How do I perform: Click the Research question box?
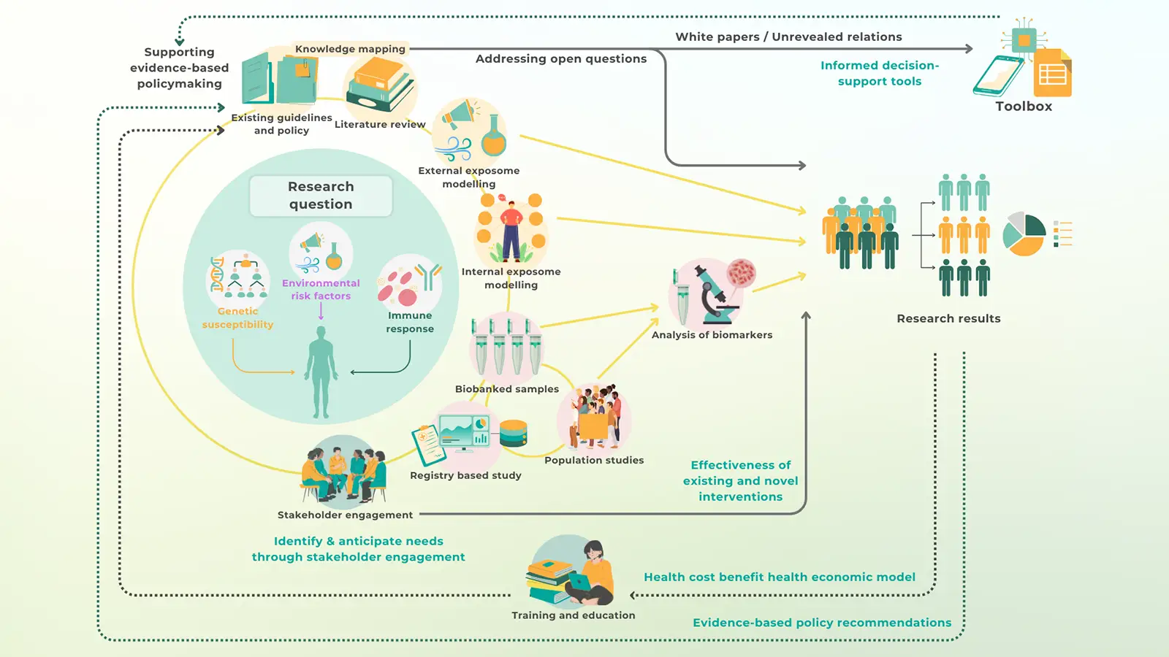point(321,196)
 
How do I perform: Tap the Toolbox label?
point(1024,107)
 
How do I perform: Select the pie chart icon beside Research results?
point(1024,234)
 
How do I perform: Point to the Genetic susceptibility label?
point(237,318)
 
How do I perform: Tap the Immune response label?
point(410,322)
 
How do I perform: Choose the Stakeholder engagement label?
point(345,515)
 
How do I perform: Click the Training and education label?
point(573,615)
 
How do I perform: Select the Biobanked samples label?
point(506,389)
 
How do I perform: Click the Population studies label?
point(594,460)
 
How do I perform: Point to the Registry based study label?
point(465,475)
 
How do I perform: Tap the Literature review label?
point(380,125)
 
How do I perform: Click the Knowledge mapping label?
point(350,49)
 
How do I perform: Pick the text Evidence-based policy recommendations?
point(822,623)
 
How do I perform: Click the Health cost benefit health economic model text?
point(779,577)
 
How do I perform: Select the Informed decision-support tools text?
point(880,73)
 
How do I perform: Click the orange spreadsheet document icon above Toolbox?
point(1053,74)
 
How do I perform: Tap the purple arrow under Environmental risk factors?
point(321,312)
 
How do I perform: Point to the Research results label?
point(948,318)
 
